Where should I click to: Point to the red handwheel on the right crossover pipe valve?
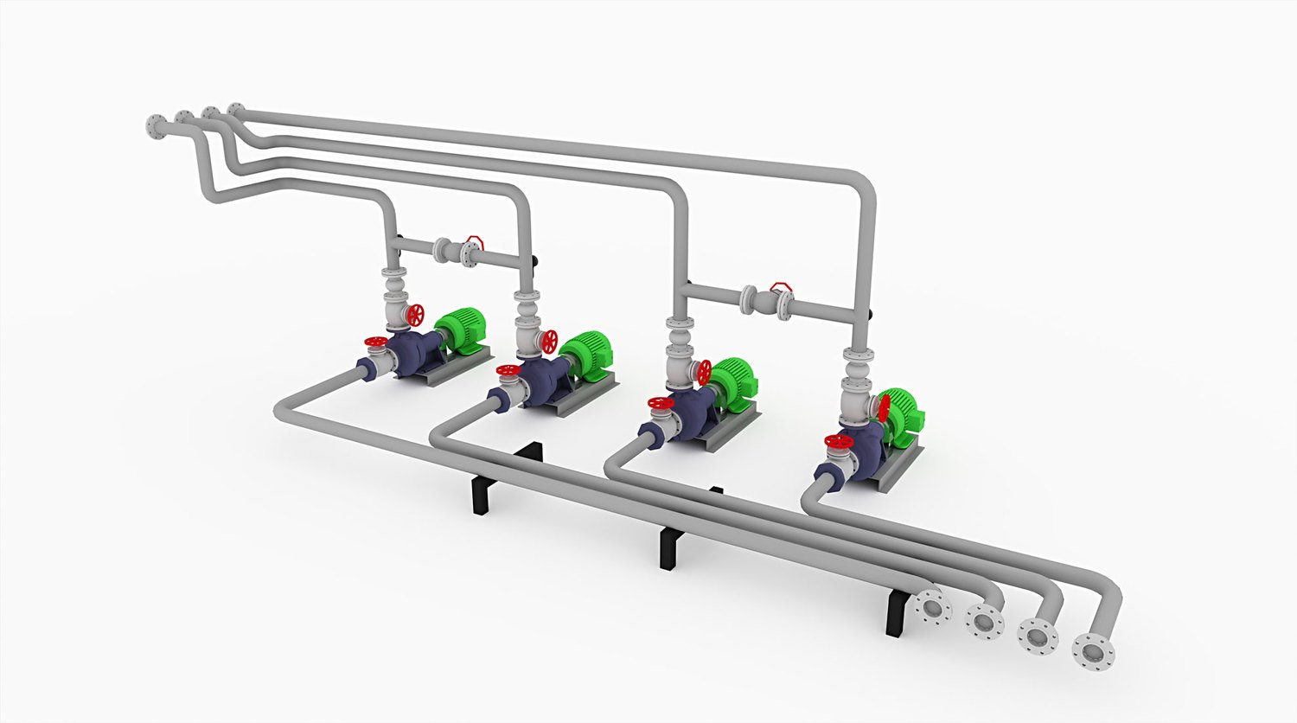[x=781, y=285]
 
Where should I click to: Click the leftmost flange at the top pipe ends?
[x=154, y=126]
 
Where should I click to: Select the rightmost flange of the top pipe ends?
[x=235, y=110]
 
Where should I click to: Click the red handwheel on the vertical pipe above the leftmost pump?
[x=417, y=314]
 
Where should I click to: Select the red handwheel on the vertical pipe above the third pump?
[x=705, y=373]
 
